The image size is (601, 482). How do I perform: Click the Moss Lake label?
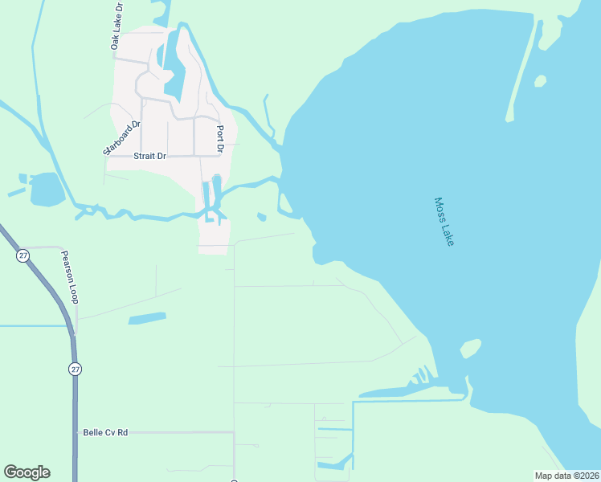(444, 222)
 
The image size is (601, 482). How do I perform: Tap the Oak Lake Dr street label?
(117, 27)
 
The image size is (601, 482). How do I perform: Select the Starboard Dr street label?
(121, 138)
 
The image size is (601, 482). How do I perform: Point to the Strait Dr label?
(149, 156)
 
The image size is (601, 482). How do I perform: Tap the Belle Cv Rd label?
(105, 432)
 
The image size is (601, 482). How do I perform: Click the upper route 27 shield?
(22, 255)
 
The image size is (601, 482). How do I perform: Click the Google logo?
(27, 472)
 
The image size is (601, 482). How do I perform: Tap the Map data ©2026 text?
(566, 476)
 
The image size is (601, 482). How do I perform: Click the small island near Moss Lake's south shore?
(470, 349)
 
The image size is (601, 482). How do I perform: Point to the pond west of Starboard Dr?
(46, 190)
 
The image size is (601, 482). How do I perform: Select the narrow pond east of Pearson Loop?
(146, 318)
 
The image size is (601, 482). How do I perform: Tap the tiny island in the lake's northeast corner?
(540, 81)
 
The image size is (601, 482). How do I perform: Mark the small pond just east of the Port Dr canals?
(261, 216)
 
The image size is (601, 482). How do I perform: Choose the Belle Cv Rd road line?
(177, 432)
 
